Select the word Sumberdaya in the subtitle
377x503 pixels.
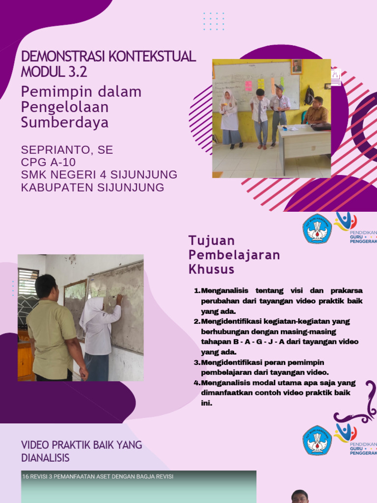point(65,122)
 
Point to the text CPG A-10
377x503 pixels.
point(48,162)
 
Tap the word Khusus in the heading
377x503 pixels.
point(212,269)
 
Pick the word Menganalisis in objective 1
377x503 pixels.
point(224,290)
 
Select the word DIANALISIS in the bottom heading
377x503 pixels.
point(45,458)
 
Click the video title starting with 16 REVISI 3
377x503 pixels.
point(98,476)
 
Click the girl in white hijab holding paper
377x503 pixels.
point(230,118)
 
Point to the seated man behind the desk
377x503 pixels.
point(317,112)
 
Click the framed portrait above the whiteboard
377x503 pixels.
point(296,66)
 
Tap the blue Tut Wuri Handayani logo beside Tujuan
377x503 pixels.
point(317,229)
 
